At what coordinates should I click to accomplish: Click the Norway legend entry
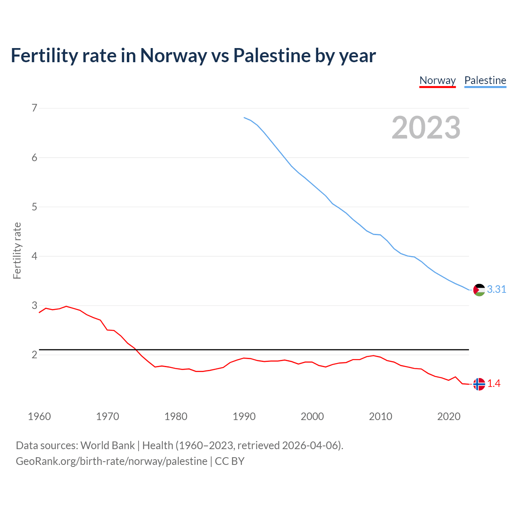[x=437, y=80]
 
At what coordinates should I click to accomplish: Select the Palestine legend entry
[x=485, y=80]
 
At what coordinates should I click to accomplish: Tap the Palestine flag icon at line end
[x=479, y=290]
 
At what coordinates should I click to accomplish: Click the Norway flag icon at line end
[x=479, y=384]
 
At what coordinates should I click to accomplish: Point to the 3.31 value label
[x=496, y=290]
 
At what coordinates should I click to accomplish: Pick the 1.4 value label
[x=494, y=384]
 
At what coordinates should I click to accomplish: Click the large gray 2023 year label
[x=426, y=128]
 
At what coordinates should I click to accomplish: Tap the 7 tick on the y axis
[x=34, y=108]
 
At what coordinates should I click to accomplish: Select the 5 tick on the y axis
[x=34, y=207]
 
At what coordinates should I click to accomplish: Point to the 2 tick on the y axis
[x=34, y=355]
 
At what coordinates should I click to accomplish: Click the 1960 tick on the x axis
[x=39, y=416]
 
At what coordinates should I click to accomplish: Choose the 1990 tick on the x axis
[x=244, y=416]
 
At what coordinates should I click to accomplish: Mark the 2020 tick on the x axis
[x=449, y=416]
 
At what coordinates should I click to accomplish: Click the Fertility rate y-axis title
[x=17, y=250]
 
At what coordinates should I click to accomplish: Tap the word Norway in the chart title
[x=173, y=55]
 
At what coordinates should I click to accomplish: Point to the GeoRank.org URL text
[x=111, y=461]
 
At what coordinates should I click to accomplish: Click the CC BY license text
[x=229, y=461]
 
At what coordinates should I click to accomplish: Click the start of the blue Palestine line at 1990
[x=244, y=118]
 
